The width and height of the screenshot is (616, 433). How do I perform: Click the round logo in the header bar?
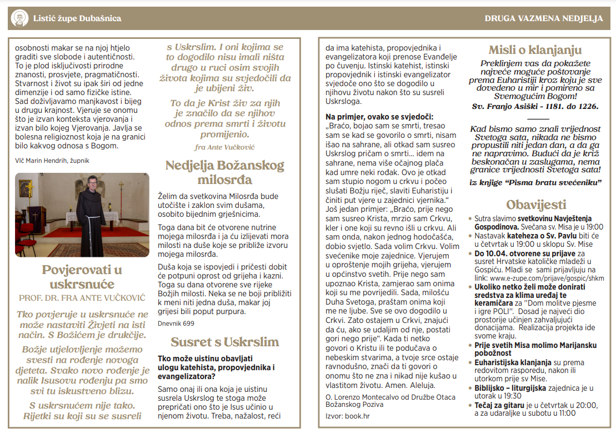[20, 18]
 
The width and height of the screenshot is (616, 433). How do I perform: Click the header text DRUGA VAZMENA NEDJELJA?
[543, 18]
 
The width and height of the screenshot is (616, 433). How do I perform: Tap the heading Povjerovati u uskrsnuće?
[82, 277]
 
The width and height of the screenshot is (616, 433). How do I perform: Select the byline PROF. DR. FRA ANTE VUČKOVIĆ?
[82, 297]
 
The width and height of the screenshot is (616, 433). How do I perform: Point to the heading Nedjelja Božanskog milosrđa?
[224, 172]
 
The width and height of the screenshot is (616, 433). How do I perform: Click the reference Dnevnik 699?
[176, 323]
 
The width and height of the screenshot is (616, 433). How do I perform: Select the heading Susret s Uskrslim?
[224, 341]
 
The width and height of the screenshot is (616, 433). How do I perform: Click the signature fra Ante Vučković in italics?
[224, 147]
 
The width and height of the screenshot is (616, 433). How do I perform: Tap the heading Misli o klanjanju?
[535, 50]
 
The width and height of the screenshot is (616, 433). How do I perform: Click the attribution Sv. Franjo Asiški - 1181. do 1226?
[535, 106]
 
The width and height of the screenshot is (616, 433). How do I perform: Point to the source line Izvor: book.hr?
[348, 415]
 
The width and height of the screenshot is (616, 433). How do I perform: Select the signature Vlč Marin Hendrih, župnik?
[52, 160]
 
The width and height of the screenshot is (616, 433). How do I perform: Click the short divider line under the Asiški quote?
[537, 118]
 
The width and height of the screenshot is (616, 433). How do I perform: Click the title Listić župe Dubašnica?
[77, 18]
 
